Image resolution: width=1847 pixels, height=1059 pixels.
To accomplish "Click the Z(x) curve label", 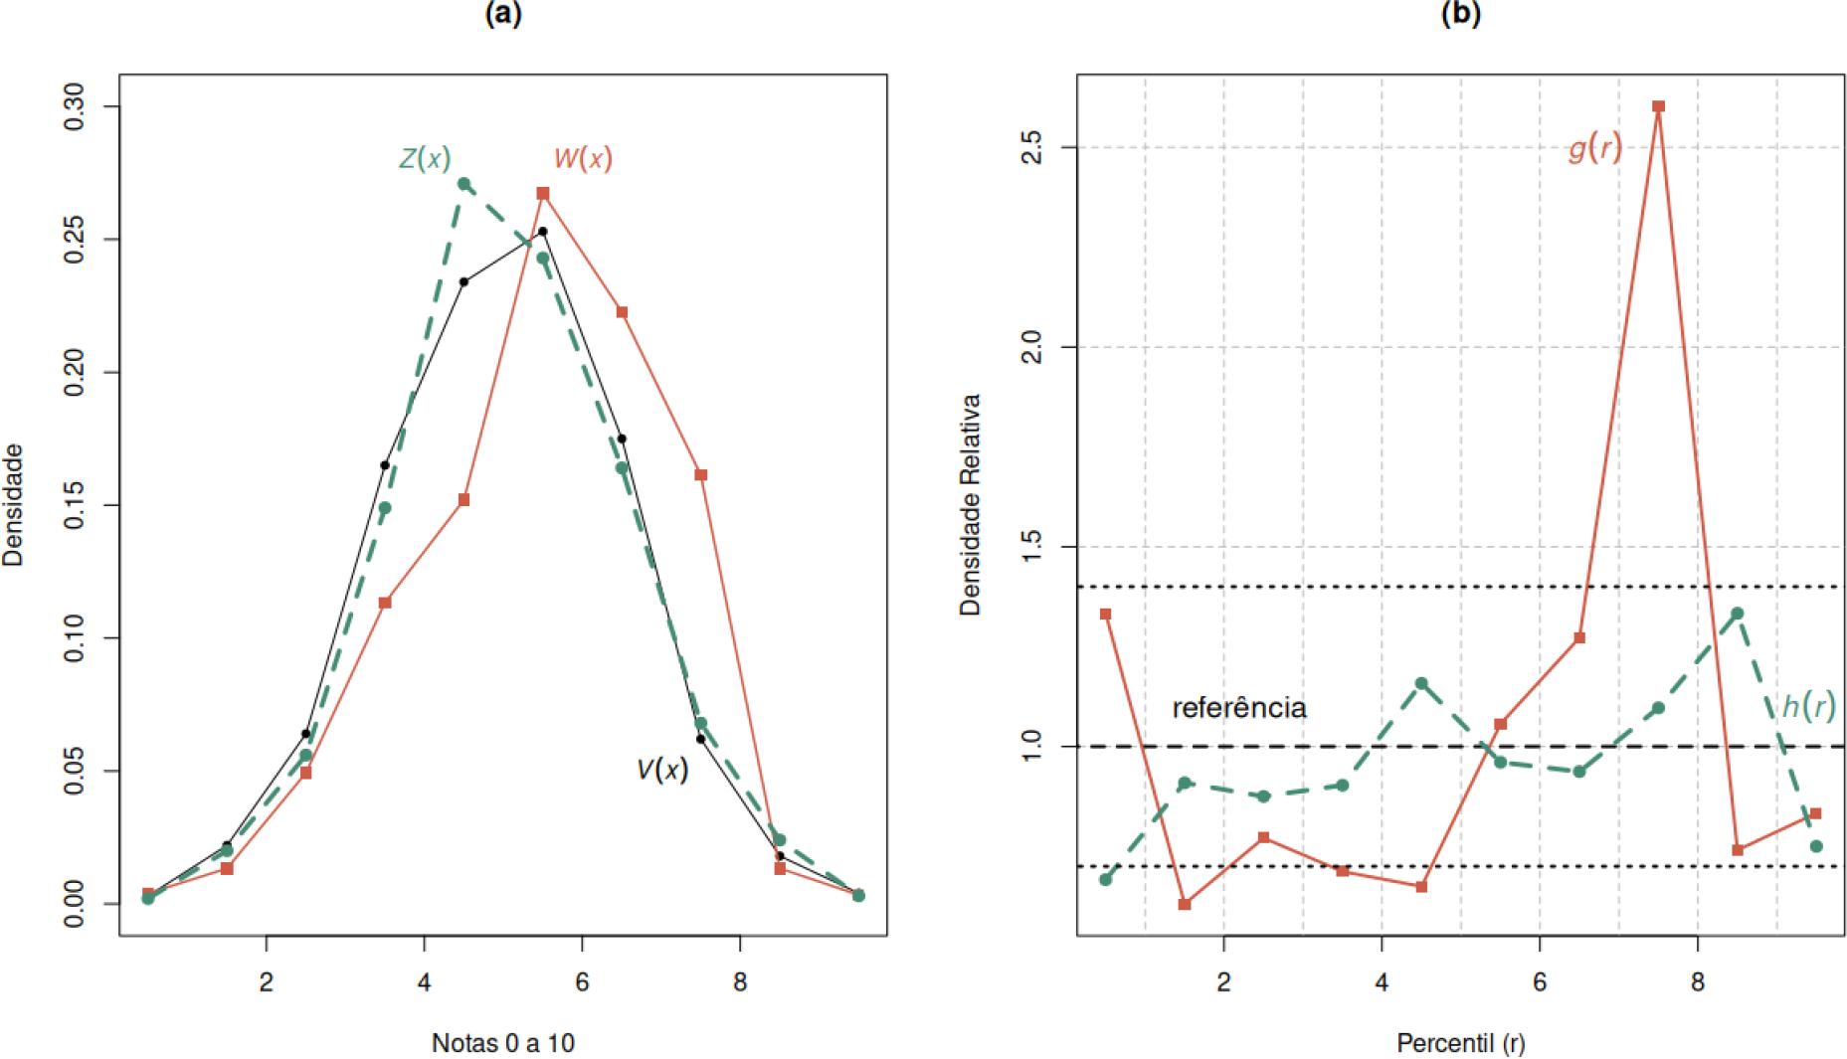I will (x=425, y=158).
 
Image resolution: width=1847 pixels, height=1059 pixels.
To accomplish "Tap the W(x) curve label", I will (x=583, y=158).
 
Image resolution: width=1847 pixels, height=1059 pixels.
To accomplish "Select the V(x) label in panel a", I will (x=662, y=770).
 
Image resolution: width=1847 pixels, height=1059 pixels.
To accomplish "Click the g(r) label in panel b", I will (x=1594, y=148).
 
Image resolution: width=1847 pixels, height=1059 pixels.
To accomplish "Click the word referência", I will (x=1239, y=707).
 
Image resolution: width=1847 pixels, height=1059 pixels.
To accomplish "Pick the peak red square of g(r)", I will (x=1658, y=106).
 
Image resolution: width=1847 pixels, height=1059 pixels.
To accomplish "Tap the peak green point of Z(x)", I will (x=463, y=184).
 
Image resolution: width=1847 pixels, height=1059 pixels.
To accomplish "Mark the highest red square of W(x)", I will (x=543, y=193).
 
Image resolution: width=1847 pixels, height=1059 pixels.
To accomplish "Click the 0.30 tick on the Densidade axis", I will (x=74, y=106).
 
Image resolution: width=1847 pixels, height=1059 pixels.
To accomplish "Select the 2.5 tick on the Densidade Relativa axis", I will (x=1031, y=147).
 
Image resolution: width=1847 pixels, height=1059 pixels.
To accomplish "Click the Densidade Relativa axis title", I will (x=971, y=504).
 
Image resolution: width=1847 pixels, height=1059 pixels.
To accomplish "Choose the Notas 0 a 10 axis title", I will (x=502, y=1043).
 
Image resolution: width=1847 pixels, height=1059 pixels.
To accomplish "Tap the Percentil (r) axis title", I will (x=1460, y=1043).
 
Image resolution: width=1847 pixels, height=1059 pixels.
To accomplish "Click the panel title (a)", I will (x=502, y=14).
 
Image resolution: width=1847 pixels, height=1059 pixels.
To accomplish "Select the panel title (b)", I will (x=1460, y=14).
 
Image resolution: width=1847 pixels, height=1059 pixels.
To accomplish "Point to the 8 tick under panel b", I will (x=1698, y=982).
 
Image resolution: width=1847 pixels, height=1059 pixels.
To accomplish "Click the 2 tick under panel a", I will (x=267, y=982).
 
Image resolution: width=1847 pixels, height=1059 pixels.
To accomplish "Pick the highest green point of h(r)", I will (x=1737, y=614).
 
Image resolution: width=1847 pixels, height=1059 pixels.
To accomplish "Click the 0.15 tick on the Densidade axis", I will (x=74, y=505).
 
